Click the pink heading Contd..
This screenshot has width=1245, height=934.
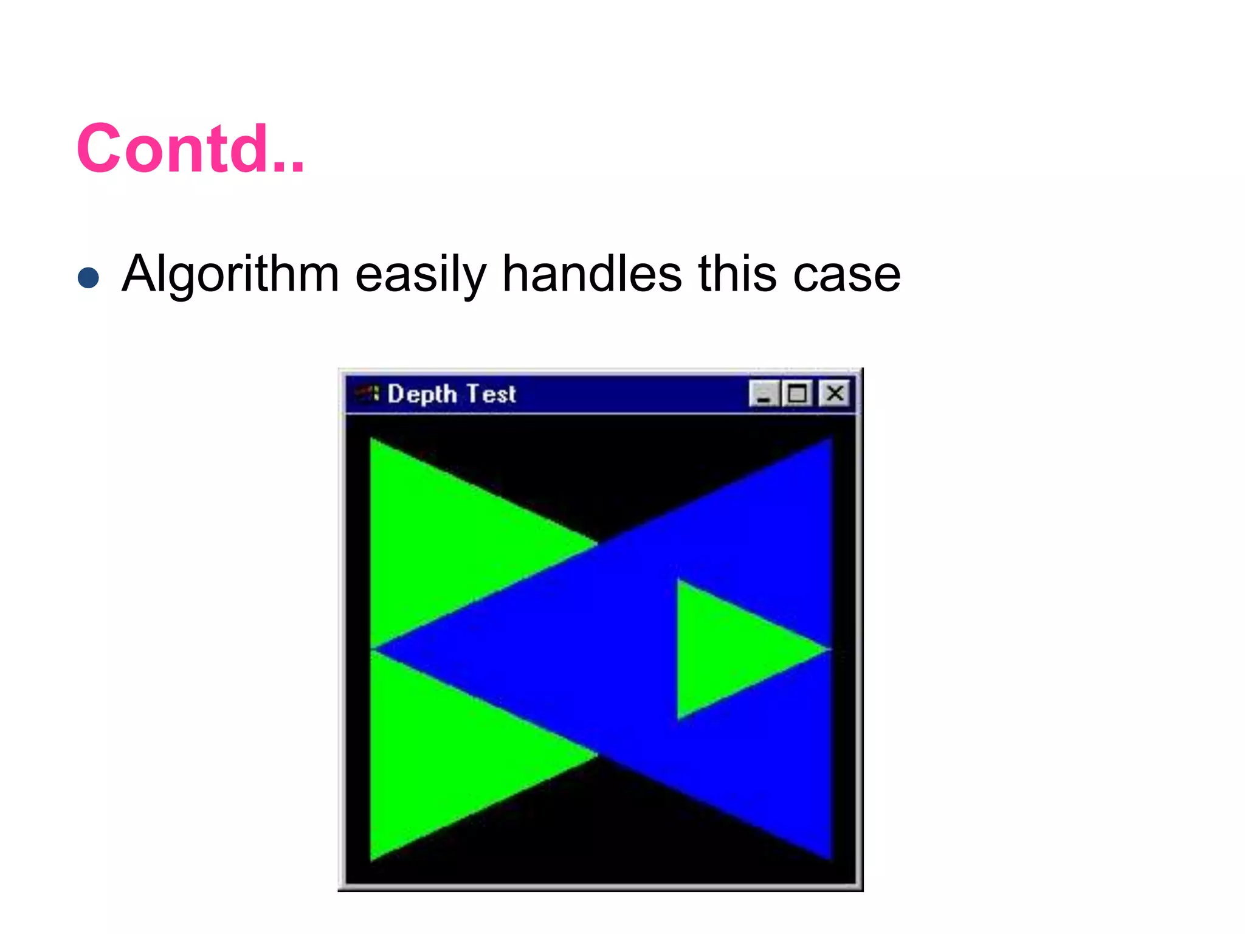[x=190, y=149]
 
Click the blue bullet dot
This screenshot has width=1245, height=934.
[x=89, y=278]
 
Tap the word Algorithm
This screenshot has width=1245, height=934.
[x=230, y=274]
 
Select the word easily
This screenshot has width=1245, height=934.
[x=421, y=274]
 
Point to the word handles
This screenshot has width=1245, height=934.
[x=592, y=273]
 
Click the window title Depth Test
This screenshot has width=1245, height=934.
[x=451, y=394]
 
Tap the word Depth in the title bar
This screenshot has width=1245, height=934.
[x=422, y=394]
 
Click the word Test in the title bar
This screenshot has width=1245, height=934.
[x=491, y=394]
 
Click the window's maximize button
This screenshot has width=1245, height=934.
[x=798, y=393]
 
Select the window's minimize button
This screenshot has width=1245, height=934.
[x=764, y=393]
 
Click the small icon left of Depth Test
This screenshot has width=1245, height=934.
[x=367, y=393]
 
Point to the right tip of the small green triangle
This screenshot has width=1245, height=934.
[x=828, y=649]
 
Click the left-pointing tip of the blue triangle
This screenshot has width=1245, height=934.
[x=376, y=650]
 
